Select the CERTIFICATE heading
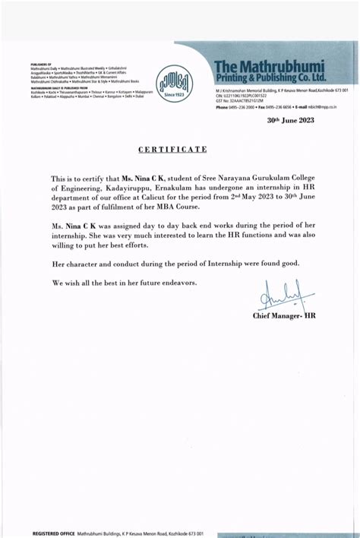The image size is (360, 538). [172, 150]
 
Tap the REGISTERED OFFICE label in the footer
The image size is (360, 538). [52, 533]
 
